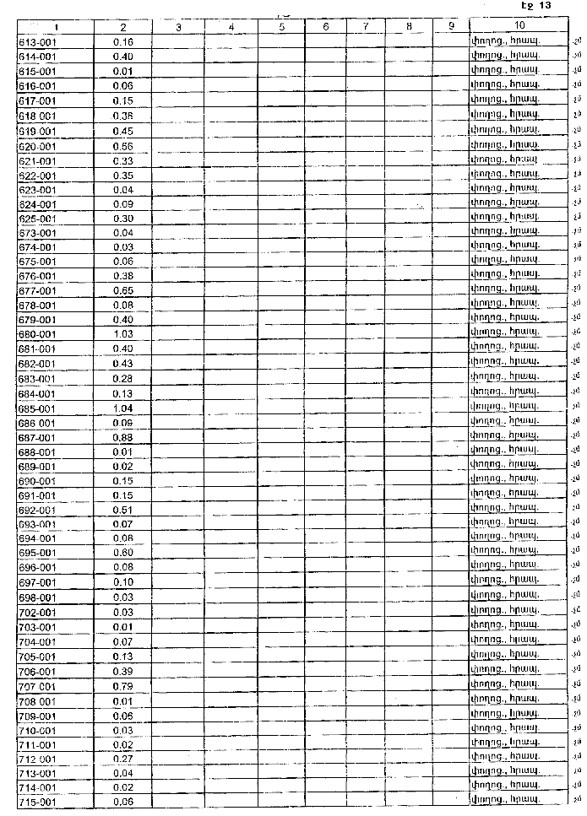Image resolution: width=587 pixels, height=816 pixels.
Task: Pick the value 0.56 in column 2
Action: point(122,145)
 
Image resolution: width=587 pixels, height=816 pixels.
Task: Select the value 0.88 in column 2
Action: point(122,437)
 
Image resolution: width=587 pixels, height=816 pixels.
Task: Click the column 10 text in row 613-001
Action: point(505,41)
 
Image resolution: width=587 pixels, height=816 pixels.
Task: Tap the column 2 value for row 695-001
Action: point(122,553)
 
